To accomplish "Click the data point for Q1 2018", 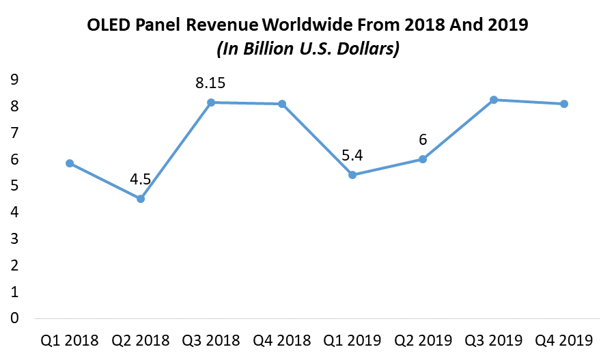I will [70, 163].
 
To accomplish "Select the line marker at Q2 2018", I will [140, 199].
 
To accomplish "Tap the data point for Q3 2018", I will [211, 102].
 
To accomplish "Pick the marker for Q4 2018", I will [281, 104].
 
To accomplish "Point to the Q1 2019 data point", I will [352, 175].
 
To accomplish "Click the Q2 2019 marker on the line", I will [423, 159].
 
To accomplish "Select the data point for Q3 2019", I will [494, 100].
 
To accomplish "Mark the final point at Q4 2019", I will [564, 104].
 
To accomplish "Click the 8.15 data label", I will [210, 83].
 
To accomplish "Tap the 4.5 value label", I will [140, 180].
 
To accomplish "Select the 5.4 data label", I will [352, 156].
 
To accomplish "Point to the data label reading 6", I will [423, 140].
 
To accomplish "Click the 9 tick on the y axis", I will [14, 80].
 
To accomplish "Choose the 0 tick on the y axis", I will [14, 318].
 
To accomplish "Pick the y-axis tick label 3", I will [14, 239].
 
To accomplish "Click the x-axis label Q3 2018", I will [210, 340].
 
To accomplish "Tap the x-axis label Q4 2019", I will [564, 340].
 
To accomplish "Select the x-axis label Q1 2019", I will [352, 340].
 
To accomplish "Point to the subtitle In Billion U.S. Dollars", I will [307, 50].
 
